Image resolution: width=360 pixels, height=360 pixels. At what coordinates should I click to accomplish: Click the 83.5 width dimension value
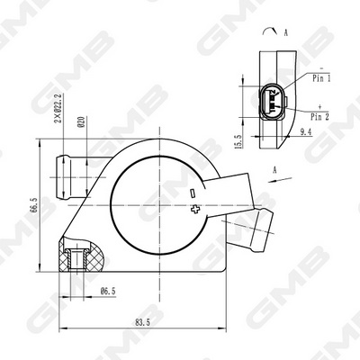click(x=142, y=322)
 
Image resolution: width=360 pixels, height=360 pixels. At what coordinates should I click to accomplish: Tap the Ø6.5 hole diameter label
click(x=108, y=291)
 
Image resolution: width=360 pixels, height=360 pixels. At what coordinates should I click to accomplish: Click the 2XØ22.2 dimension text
click(x=58, y=108)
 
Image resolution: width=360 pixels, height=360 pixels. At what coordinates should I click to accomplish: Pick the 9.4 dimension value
click(x=305, y=131)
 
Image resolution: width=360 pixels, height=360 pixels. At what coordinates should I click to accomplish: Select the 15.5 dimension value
click(x=238, y=141)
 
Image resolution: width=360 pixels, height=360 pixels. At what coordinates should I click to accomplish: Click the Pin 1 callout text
click(x=321, y=78)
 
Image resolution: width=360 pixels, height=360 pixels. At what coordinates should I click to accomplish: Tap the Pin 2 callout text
click(x=319, y=117)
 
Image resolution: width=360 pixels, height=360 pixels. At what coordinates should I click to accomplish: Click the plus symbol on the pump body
click(x=195, y=209)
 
